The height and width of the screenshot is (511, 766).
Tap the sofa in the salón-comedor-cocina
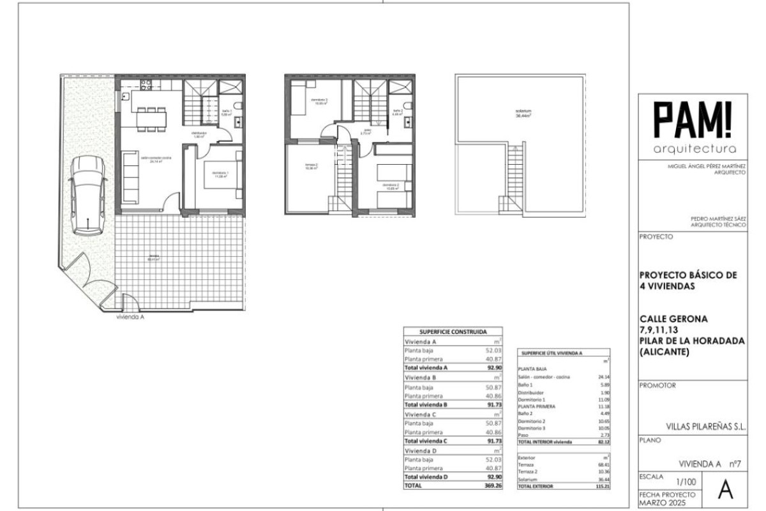pyautogui.click(x=130, y=178)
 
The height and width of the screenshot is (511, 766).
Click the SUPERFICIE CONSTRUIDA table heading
pyautogui.click(x=453, y=332)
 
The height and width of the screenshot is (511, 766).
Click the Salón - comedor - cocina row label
pyautogui.click(x=544, y=377)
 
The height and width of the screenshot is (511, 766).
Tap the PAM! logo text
pyautogui.click(x=693, y=121)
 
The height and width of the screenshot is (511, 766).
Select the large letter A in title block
pyautogui.click(x=725, y=489)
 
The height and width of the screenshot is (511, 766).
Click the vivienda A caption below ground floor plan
pyautogui.click(x=130, y=316)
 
